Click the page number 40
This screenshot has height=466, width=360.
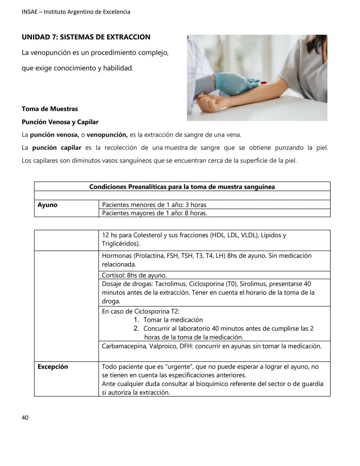pos(25,418)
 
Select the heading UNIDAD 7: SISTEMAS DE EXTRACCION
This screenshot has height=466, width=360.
pos(86,37)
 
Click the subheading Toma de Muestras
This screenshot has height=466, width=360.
pos(50,109)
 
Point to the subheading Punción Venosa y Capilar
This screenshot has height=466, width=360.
pos(60,122)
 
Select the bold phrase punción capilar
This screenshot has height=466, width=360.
pos(57,148)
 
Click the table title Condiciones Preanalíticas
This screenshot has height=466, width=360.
pos(182,187)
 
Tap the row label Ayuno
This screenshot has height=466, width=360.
pos(47,205)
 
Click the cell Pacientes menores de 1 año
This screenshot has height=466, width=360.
pos(154,205)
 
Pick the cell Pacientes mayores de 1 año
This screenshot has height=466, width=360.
pos(154,213)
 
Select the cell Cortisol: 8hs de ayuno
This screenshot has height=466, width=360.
pos(134,276)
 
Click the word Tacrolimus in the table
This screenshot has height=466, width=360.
pos(170,284)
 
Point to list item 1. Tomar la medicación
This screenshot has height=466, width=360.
pos(173,320)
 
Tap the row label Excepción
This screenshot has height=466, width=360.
pos(53,367)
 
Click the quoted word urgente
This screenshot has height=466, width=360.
pos(179,367)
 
